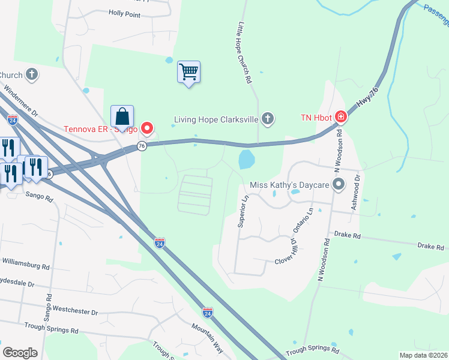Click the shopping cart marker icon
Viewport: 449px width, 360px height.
tap(188, 73)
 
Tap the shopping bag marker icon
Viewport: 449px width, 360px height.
tap(122, 117)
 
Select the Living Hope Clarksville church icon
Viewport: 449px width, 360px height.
tap(268, 119)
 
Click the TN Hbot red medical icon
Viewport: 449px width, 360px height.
tap(340, 117)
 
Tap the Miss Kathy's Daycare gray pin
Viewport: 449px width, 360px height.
tap(339, 185)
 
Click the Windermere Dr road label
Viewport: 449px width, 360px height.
tap(21, 103)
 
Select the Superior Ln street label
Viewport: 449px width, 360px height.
tap(244, 211)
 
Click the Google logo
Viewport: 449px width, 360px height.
tap(20, 352)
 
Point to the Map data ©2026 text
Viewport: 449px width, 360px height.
tap(423, 355)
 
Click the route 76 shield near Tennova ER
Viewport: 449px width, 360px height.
tap(142, 146)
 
